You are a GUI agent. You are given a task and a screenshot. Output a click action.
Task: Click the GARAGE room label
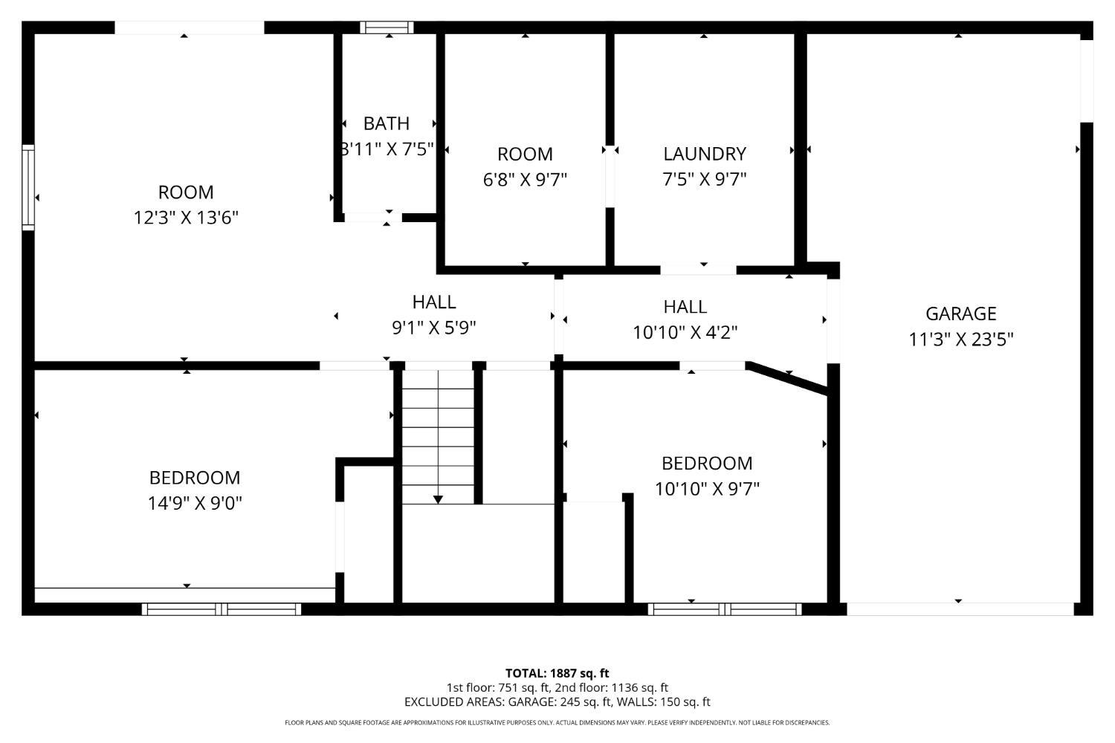(960, 314)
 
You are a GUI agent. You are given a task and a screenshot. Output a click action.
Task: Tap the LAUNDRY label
(704, 154)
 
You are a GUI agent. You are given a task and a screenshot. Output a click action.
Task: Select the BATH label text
(386, 123)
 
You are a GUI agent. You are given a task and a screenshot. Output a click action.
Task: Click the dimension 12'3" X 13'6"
(186, 218)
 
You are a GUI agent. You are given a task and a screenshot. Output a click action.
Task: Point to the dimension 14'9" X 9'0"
(195, 503)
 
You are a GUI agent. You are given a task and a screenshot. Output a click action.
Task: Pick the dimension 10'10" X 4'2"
(685, 332)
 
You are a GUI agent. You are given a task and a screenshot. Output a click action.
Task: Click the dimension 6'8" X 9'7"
(525, 180)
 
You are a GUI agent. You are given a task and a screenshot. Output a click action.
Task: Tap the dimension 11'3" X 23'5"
(960, 340)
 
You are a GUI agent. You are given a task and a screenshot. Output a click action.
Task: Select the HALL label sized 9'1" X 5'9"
(434, 302)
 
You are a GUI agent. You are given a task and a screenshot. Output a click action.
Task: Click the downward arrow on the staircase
(438, 499)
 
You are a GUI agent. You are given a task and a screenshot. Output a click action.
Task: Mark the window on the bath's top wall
(387, 27)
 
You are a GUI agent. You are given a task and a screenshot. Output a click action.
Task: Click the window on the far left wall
(28, 187)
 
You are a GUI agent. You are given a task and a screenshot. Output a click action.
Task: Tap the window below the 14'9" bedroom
(222, 609)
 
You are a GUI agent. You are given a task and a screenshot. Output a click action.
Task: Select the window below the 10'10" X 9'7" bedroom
(725, 609)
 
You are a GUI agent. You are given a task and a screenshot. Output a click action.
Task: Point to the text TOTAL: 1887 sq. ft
(557, 673)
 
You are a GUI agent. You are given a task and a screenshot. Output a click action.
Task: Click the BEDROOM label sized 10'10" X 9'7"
(707, 464)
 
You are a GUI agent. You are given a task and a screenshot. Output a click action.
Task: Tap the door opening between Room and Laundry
(610, 176)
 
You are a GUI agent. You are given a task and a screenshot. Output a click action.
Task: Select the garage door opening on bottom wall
(960, 609)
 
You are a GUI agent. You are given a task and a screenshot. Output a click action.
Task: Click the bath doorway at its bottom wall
(372, 217)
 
